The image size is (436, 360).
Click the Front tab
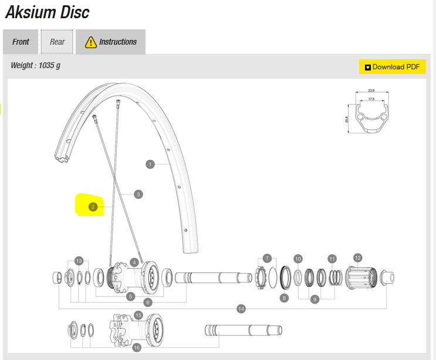[x=21, y=42]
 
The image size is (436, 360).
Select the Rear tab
[x=57, y=42]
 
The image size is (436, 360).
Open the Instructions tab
[x=111, y=42]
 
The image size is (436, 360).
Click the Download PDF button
[x=392, y=67]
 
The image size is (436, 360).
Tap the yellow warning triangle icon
[x=90, y=42]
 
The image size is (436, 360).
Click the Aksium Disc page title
[x=48, y=12]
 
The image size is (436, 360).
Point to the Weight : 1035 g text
[x=35, y=65]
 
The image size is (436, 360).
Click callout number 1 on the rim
[x=150, y=164]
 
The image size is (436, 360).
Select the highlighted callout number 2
[x=93, y=207]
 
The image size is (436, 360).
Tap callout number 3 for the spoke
[x=138, y=194]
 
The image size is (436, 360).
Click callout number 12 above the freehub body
[x=358, y=257]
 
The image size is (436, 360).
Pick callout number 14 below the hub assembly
[x=241, y=309]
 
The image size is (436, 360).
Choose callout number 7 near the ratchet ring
[x=267, y=258]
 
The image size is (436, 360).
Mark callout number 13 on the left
[x=79, y=260]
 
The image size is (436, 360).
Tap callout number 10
[x=298, y=259]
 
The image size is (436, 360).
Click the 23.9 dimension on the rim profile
[x=371, y=91]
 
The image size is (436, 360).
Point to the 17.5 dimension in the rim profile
[x=371, y=99]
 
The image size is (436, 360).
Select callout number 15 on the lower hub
[x=138, y=315]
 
